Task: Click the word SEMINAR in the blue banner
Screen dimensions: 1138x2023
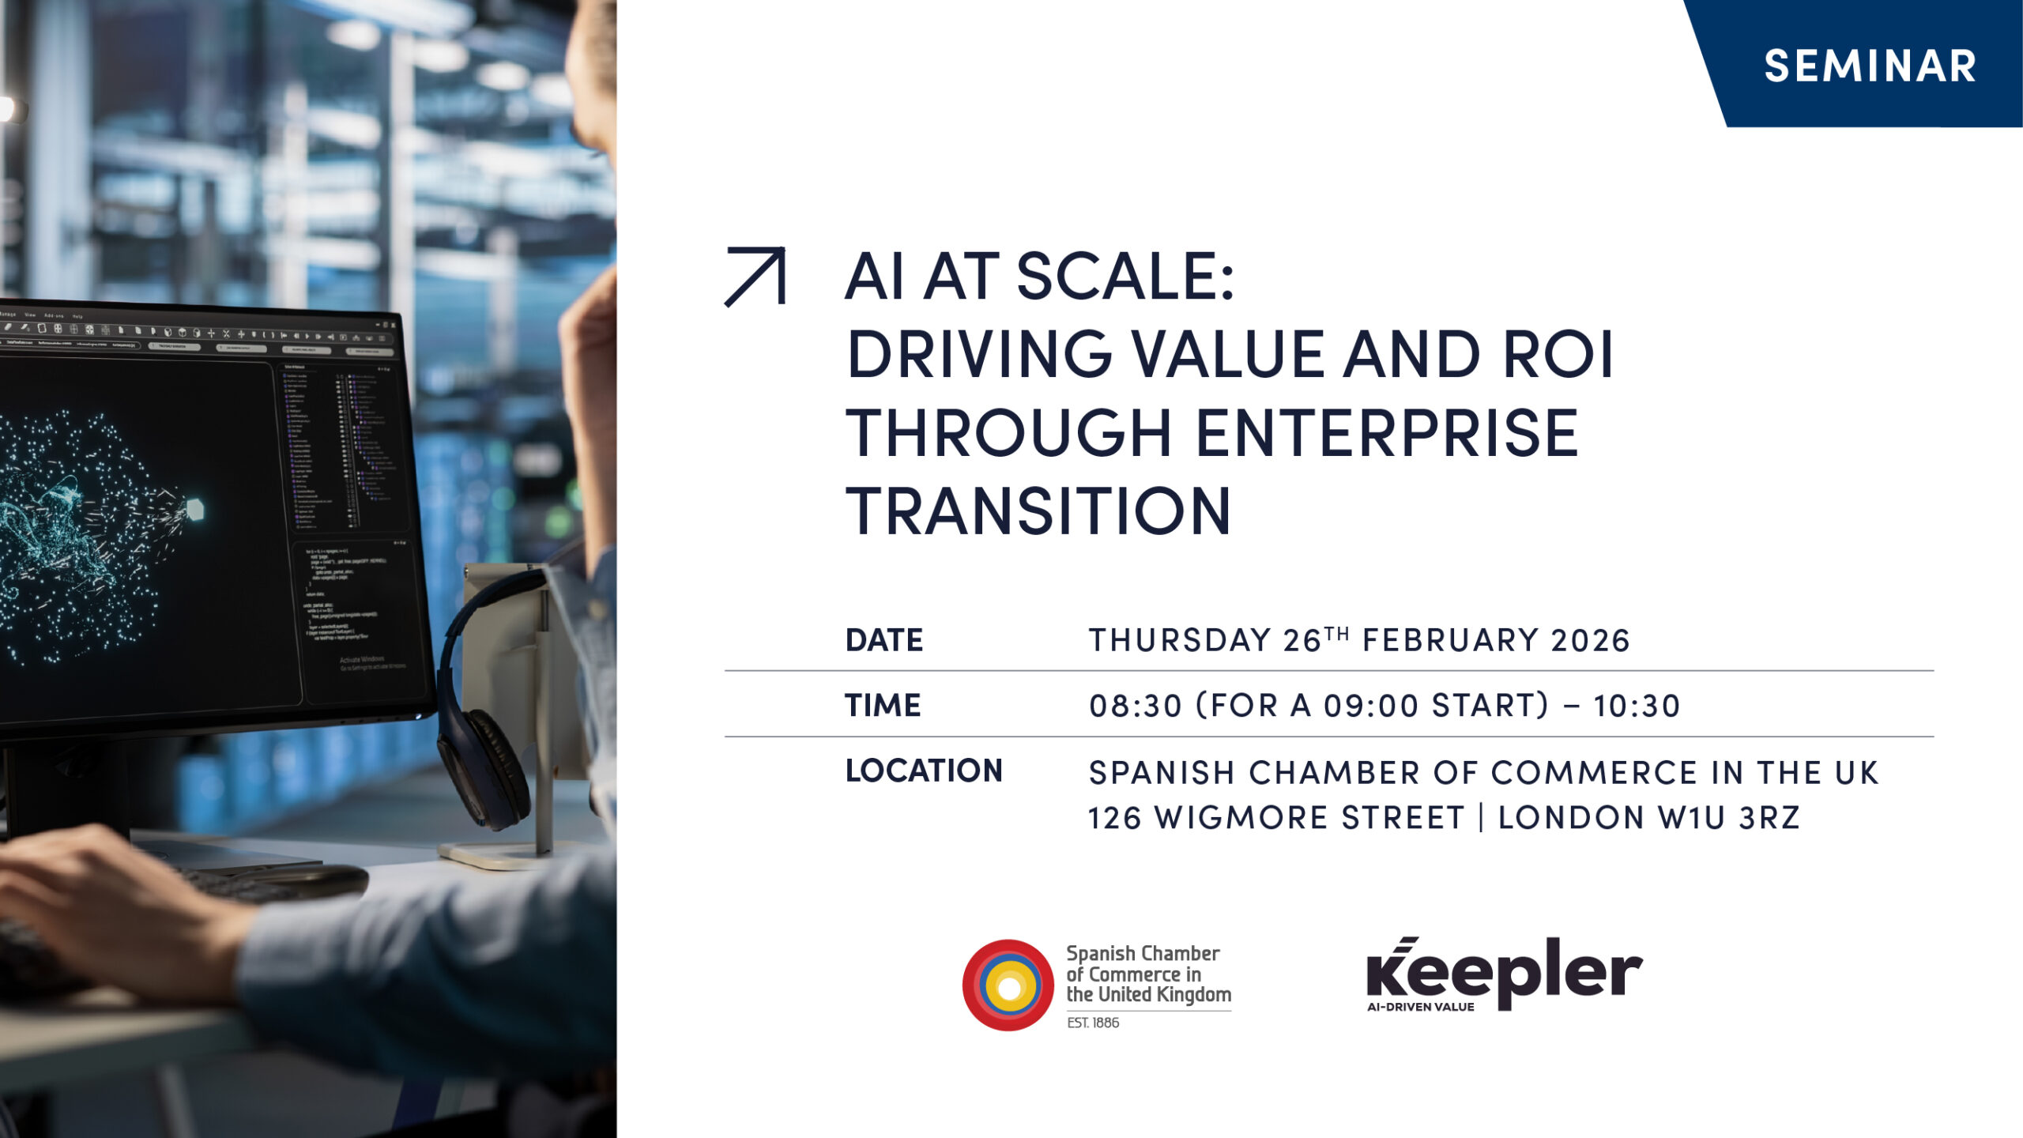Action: (x=1870, y=66)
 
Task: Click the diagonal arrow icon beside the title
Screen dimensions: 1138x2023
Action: (x=755, y=277)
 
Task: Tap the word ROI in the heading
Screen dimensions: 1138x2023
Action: (x=1558, y=355)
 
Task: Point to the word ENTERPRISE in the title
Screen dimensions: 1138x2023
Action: (x=1386, y=433)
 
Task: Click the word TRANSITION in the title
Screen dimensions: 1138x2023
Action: (x=1038, y=511)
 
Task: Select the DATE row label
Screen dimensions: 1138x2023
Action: (x=883, y=640)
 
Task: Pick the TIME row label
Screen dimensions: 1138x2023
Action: (x=883, y=705)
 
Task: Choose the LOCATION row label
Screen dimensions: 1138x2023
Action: (x=924, y=771)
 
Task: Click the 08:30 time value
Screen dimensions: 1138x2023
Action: (x=1135, y=706)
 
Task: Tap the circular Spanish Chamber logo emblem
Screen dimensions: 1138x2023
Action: (x=1008, y=985)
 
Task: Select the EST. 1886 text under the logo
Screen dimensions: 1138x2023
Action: (x=1093, y=1023)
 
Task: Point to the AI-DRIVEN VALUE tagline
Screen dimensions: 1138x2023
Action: (x=1420, y=1007)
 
